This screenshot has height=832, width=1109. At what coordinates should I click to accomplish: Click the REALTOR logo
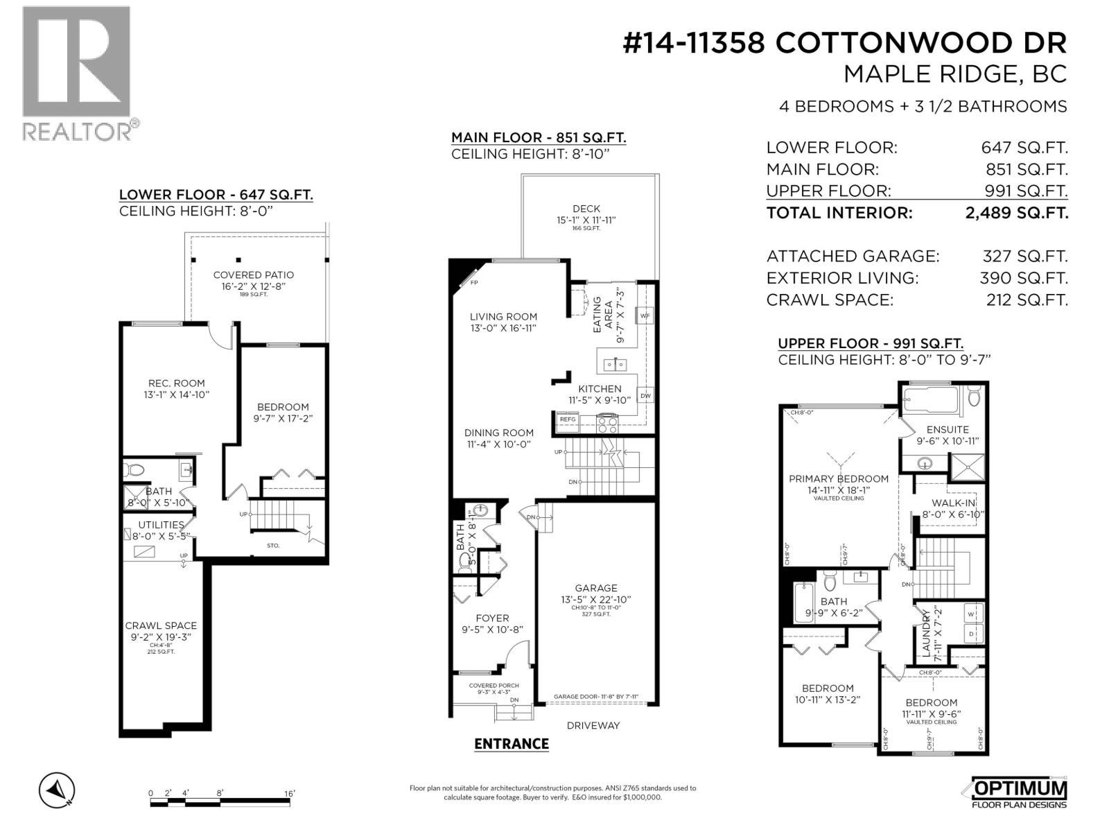tap(76, 72)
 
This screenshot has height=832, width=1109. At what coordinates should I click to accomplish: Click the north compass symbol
tap(58, 790)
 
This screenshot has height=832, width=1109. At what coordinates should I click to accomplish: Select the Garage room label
tap(596, 588)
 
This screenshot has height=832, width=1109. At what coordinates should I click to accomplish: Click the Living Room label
tap(503, 317)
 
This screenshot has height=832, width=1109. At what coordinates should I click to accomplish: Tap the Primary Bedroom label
tap(839, 478)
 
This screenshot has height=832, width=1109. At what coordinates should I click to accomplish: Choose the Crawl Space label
tap(161, 625)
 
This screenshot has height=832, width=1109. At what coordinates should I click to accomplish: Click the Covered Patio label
tap(254, 275)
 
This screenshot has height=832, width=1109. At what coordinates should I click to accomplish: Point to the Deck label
tap(586, 209)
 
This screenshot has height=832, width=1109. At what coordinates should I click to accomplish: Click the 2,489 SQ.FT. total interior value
tap(1017, 213)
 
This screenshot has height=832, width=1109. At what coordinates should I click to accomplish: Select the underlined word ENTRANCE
tap(512, 744)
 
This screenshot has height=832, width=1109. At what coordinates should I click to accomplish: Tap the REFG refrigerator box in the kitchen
tap(568, 419)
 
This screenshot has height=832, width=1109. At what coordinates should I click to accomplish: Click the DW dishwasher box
tap(645, 396)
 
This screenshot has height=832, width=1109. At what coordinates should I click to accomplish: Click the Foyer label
tap(492, 618)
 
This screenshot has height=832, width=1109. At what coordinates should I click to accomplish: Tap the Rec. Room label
tap(177, 383)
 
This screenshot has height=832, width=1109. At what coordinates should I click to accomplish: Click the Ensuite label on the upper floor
tap(948, 429)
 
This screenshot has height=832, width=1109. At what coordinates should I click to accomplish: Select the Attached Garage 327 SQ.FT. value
tap(1025, 257)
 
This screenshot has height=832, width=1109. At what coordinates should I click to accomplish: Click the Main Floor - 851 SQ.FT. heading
tap(539, 137)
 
